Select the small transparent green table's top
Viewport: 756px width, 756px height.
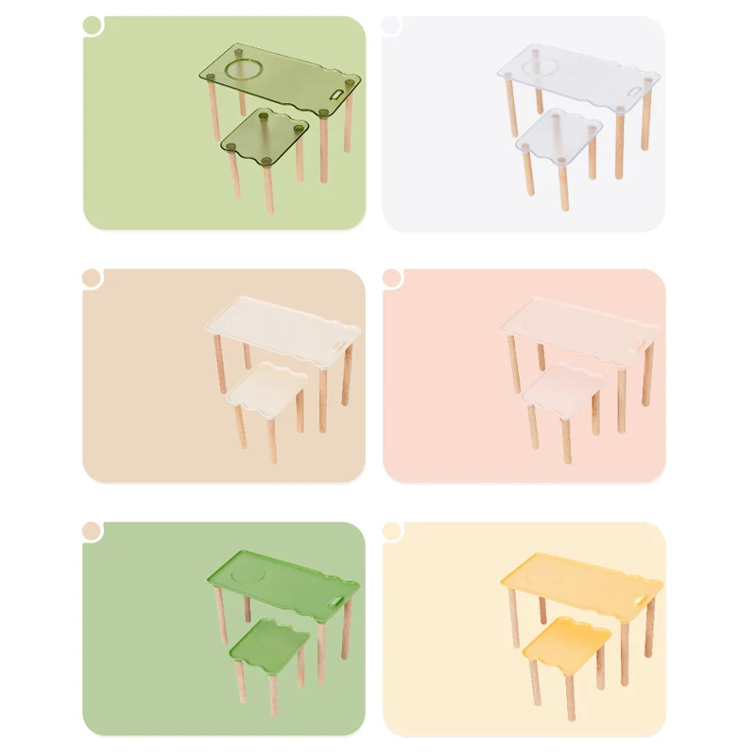coord(266,133)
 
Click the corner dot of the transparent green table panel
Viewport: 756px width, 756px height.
coord(92,25)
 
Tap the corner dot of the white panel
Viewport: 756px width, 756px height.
coord(391,25)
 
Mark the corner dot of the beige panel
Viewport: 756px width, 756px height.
coord(92,278)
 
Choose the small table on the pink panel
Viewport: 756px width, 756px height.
coord(563,387)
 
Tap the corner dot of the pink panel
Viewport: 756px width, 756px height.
coord(391,278)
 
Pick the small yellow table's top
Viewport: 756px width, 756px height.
coord(566,640)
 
